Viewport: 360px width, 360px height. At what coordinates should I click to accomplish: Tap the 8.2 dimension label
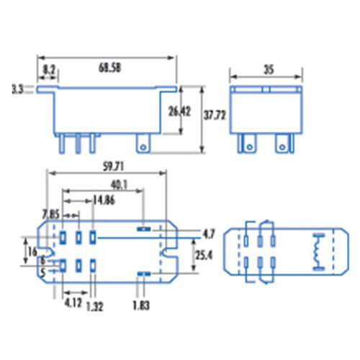click(50, 70)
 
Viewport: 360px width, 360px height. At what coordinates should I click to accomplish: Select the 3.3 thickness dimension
click(18, 89)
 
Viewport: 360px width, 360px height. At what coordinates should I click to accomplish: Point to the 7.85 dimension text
click(51, 213)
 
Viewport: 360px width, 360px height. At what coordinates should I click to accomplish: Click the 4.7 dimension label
click(207, 233)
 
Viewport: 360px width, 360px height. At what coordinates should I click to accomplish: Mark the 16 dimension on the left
click(32, 251)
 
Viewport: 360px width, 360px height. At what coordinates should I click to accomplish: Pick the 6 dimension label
click(43, 261)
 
